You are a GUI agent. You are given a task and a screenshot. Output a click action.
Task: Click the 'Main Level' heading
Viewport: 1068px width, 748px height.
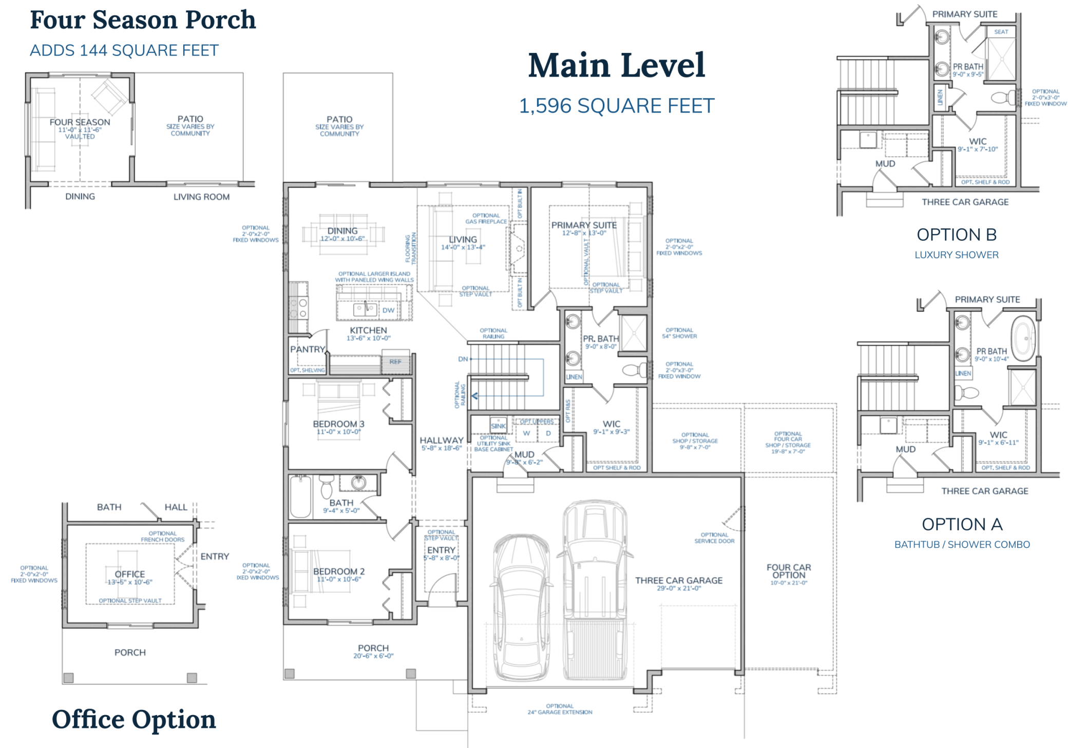click(x=617, y=66)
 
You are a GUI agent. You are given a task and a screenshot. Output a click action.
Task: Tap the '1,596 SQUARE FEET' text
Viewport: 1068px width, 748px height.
click(x=617, y=106)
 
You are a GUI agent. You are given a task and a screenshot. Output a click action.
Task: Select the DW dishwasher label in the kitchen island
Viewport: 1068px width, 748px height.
click(x=388, y=310)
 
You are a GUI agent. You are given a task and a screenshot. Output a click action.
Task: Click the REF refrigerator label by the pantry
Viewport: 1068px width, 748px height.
click(x=395, y=362)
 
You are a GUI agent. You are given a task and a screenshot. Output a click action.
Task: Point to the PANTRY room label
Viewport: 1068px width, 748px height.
click(x=308, y=350)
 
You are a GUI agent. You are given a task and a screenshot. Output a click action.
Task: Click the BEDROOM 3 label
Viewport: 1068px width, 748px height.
click(x=338, y=424)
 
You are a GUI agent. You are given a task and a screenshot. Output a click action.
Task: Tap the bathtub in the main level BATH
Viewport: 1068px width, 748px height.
click(x=300, y=496)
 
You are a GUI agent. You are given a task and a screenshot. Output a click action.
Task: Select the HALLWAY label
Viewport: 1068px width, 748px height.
click(x=441, y=440)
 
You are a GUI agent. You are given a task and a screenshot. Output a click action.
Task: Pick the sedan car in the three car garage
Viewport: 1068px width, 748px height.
click(x=521, y=606)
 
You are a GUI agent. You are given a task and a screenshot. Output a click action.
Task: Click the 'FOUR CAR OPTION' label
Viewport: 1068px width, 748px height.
click(x=789, y=571)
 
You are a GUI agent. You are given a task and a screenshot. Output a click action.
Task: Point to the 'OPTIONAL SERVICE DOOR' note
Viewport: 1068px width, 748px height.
click(x=714, y=538)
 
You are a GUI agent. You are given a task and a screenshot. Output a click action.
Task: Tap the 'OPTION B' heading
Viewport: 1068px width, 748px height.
click(x=957, y=235)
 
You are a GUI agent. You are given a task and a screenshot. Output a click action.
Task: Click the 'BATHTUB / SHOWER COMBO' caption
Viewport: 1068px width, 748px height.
click(x=962, y=545)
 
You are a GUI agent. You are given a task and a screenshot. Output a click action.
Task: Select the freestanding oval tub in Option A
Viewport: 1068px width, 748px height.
click(x=1024, y=338)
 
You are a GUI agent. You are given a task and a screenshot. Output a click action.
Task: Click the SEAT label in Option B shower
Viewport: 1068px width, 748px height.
click(x=1001, y=32)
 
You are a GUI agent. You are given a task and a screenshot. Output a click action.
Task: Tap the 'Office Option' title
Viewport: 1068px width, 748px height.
click(x=133, y=719)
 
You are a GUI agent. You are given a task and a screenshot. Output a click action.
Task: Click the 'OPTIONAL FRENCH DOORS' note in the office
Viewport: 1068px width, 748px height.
click(x=162, y=536)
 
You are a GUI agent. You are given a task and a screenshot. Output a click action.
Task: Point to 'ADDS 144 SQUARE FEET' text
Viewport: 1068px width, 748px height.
click(x=124, y=50)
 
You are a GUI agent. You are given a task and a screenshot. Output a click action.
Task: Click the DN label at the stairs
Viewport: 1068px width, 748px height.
click(x=463, y=359)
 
